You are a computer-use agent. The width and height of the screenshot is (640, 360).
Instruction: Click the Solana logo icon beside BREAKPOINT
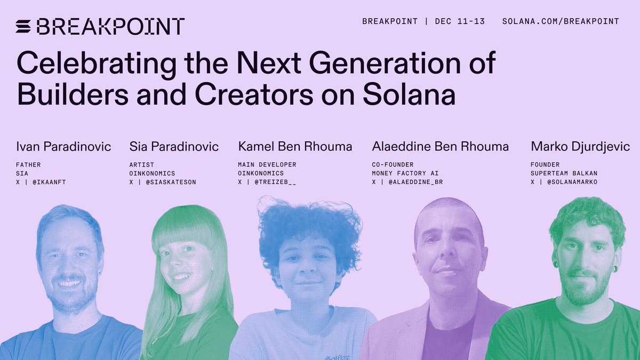tap(24, 26)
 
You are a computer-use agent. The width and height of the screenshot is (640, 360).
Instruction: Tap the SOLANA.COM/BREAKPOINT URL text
tap(561, 21)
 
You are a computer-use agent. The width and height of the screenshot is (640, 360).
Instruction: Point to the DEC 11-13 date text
tap(460, 21)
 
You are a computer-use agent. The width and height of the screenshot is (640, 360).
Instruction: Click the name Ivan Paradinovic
tap(63, 146)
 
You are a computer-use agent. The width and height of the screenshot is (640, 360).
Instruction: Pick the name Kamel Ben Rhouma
tap(295, 146)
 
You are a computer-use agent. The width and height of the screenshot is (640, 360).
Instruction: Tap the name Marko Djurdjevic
tap(580, 146)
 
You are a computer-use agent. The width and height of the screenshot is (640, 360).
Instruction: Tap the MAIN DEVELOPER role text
tap(267, 165)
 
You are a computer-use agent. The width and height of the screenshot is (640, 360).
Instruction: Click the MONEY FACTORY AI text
tap(405, 173)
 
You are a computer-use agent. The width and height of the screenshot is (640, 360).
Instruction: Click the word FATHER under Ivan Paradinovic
tap(28, 165)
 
